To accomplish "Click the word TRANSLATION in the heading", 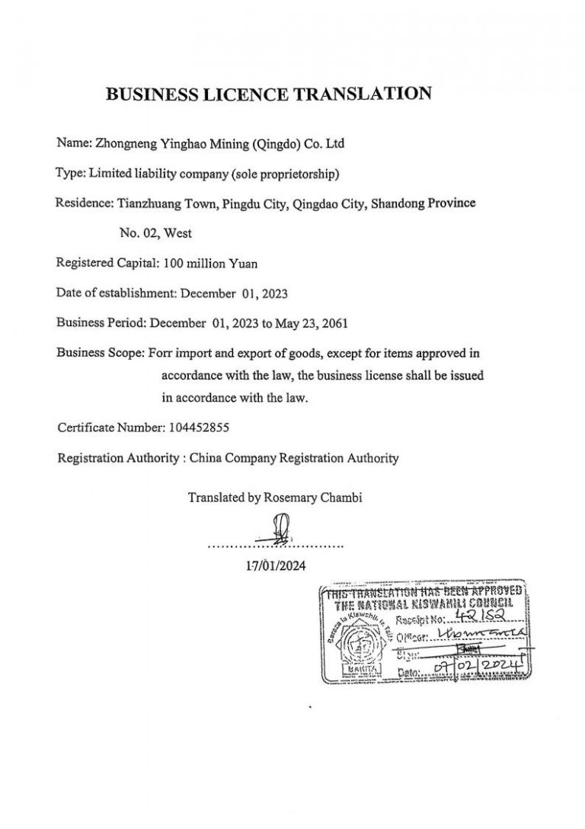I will click(362, 94).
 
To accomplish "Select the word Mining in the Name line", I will click(217, 143).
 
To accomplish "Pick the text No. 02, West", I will click(155, 233).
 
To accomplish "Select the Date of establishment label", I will click(117, 293).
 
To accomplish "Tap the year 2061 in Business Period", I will click(334, 322).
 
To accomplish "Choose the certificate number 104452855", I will click(197, 427).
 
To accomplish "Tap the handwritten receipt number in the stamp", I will click(493, 620).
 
